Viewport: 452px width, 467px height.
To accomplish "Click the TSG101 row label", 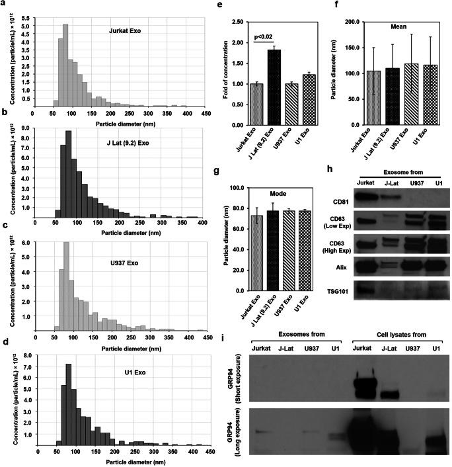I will (x=338, y=291).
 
